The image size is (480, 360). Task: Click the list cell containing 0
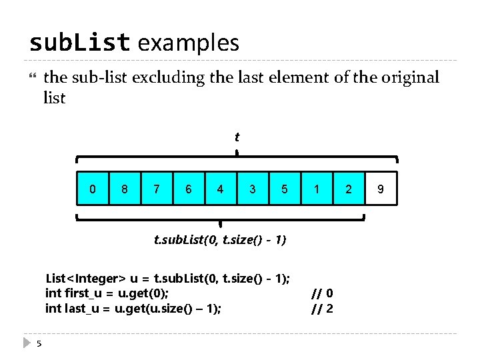(93, 189)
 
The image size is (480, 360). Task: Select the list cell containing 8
(125, 189)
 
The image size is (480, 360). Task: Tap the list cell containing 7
(157, 189)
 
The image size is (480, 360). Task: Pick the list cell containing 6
(189, 189)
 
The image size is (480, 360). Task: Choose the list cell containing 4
(221, 189)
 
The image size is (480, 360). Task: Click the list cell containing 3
(253, 189)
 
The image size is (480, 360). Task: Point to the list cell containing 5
(285, 189)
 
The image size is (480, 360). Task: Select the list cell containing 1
(317, 189)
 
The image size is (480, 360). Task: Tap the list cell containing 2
(349, 189)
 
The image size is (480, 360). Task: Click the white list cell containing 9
(381, 189)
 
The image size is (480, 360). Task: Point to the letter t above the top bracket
(237, 137)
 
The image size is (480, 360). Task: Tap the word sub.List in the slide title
(79, 43)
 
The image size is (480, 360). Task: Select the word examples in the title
(188, 43)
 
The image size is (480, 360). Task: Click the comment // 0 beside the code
(323, 293)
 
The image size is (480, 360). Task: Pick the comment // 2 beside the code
(323, 309)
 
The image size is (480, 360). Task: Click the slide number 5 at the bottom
(39, 343)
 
